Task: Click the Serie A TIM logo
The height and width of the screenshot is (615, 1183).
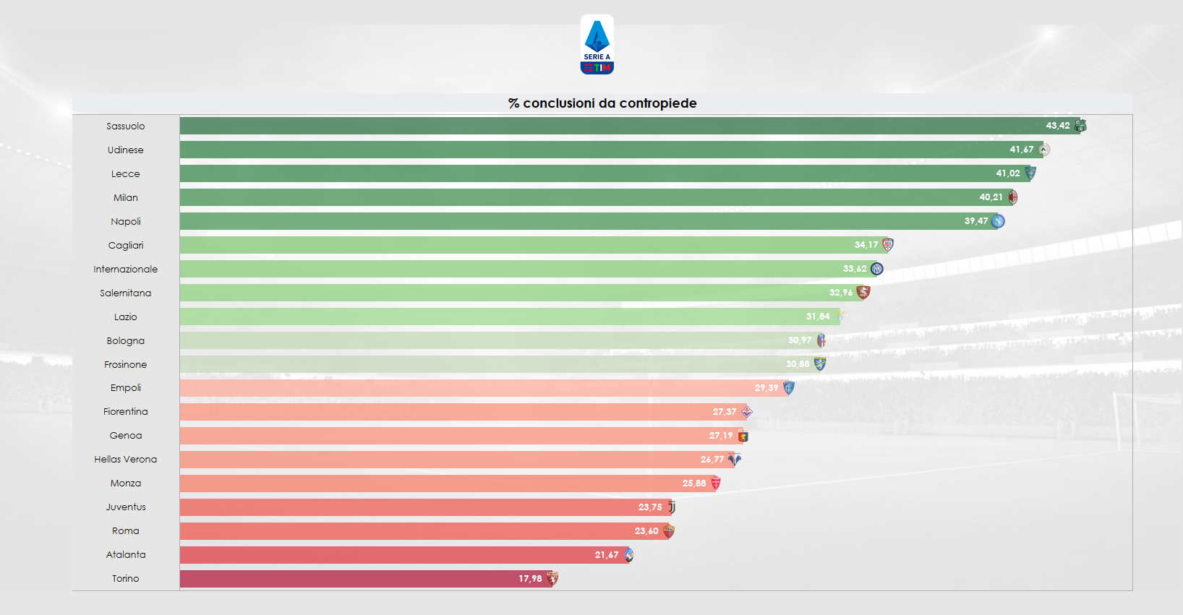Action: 597,45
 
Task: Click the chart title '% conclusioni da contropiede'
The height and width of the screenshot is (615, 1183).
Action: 602,103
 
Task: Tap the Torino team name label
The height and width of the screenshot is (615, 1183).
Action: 125,579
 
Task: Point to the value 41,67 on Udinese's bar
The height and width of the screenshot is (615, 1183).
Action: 1022,150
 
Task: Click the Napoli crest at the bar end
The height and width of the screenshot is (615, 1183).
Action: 998,221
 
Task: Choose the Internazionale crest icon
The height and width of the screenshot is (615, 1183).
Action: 876,269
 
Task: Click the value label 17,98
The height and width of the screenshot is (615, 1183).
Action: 530,579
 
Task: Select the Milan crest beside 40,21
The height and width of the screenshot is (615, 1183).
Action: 1012,197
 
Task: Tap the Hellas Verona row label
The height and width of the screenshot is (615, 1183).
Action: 125,460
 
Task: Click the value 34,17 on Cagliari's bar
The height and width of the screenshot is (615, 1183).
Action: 866,245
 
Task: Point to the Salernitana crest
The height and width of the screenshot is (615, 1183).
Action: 863,293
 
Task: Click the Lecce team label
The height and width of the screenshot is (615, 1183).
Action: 125,174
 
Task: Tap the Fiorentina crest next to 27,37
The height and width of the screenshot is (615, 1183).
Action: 747,412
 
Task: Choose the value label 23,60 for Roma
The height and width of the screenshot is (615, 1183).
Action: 646,531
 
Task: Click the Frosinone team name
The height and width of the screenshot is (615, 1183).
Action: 125,365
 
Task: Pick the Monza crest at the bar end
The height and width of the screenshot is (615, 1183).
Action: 716,483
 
